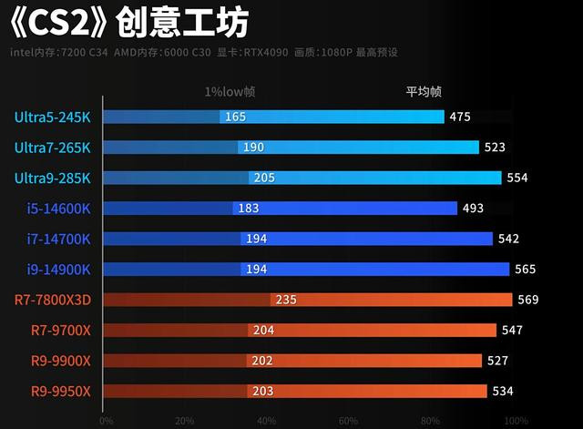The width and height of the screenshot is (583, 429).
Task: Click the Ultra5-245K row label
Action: [x=53, y=117]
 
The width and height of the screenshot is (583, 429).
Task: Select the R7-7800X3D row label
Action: [x=53, y=300]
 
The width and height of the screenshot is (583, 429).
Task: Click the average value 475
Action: [x=460, y=117]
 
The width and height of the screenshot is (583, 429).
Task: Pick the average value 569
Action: [x=528, y=300]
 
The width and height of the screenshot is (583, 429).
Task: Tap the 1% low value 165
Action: [x=235, y=117]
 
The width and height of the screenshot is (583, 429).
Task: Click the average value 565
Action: [x=526, y=269]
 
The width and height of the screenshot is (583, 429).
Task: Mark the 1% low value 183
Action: [x=248, y=208]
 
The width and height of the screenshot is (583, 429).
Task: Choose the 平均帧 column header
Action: [x=424, y=91]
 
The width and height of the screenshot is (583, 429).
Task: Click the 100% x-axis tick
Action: [x=515, y=421]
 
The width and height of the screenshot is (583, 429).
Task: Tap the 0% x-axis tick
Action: [x=106, y=421]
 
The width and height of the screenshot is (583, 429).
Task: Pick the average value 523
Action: [x=495, y=147]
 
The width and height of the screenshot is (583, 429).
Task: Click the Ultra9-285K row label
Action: [x=53, y=178]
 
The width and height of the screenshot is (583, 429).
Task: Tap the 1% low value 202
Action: [x=262, y=361]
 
